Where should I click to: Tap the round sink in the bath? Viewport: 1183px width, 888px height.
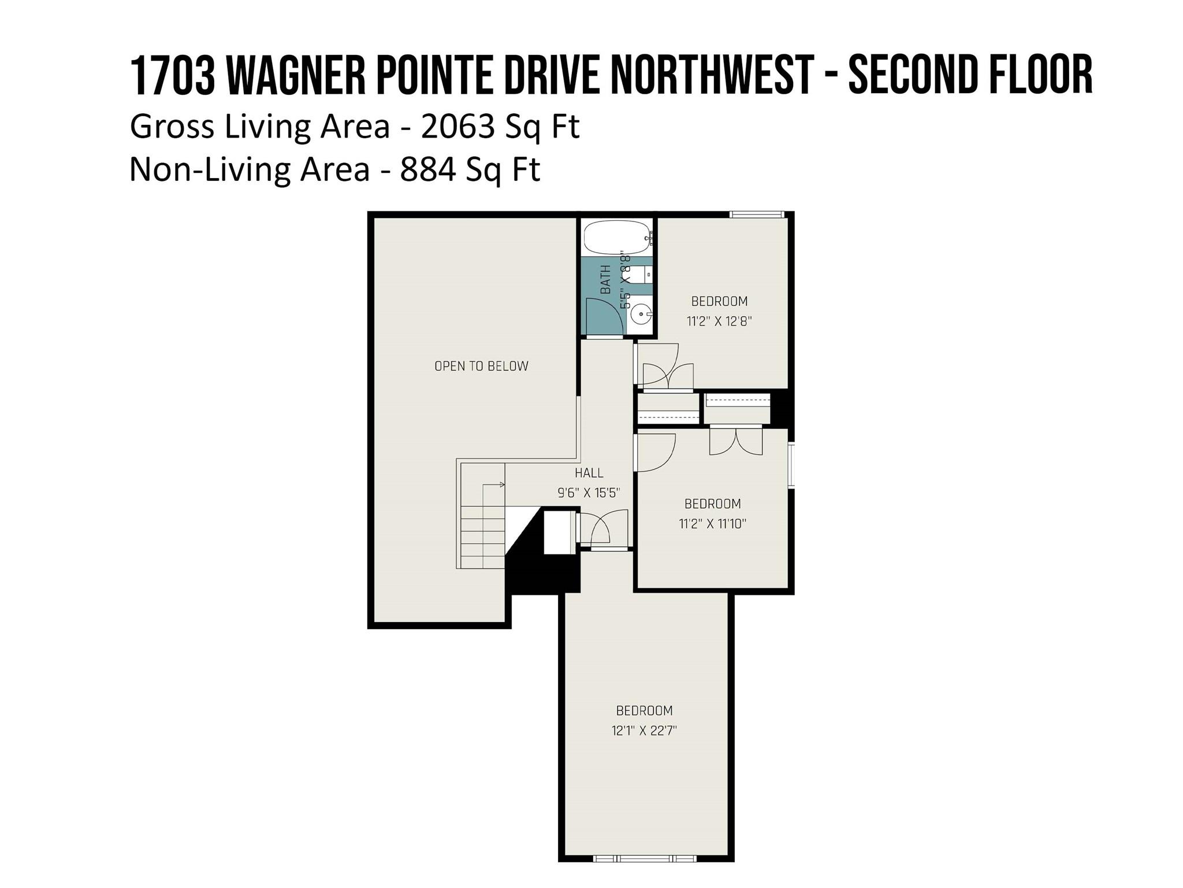641,316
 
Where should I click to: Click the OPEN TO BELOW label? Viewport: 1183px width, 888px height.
481,366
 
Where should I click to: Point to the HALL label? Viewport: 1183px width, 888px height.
589,473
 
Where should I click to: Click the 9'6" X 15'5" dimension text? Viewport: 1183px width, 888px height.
589,493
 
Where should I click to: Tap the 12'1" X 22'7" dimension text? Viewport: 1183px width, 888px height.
644,731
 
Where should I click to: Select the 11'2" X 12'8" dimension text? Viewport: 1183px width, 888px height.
719,321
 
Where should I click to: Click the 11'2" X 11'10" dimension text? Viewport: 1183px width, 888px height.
713,524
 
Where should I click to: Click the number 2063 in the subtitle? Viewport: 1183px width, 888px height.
458,127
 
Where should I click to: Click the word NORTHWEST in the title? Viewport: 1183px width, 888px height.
712,76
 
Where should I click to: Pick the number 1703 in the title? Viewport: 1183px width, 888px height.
173,76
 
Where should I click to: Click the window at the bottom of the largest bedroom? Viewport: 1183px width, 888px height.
645,859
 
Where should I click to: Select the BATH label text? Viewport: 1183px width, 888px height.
605,280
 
